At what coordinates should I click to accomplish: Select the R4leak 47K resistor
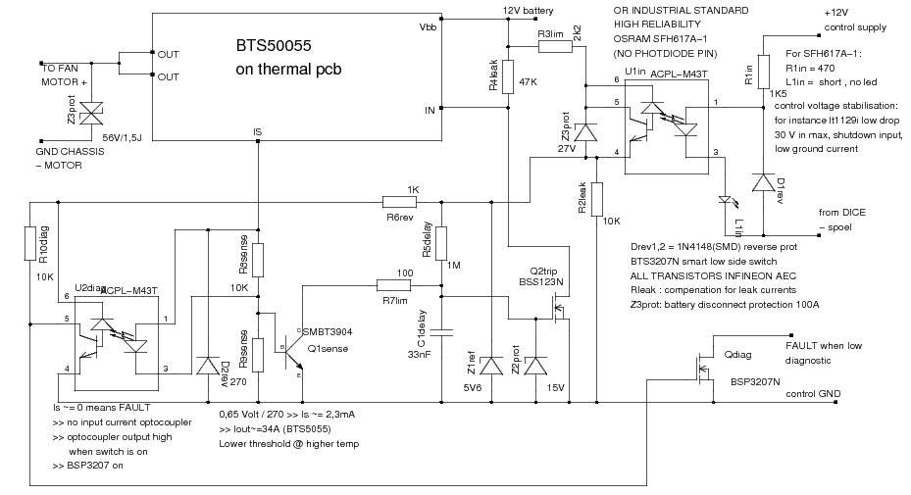click(508, 79)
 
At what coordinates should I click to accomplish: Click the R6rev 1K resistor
click(400, 203)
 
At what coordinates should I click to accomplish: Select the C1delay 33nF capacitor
click(441, 331)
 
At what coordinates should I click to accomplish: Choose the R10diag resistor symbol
click(29, 243)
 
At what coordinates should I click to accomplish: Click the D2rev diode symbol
click(207, 366)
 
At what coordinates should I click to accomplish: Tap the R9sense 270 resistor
click(257, 352)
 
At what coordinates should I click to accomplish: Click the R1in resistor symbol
click(763, 74)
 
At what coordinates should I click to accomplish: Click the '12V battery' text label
click(529, 11)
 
